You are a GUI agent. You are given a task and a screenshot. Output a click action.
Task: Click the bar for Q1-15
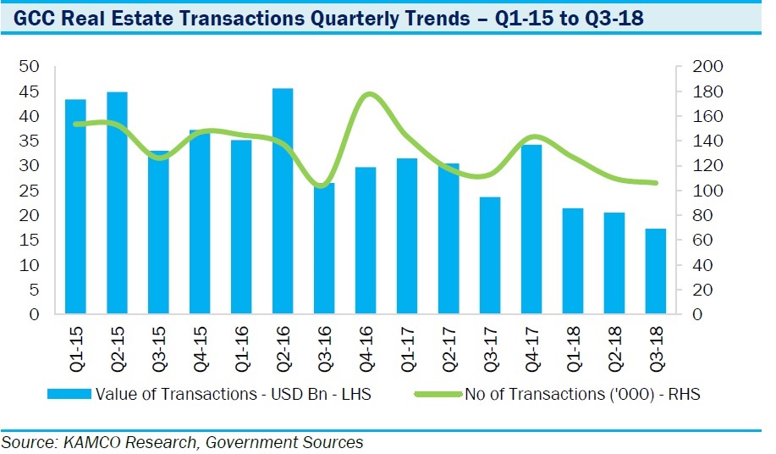coord(76,207)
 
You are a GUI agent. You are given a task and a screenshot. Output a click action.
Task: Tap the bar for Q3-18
coord(656,271)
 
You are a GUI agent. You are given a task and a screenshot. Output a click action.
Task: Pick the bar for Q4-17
coord(531,230)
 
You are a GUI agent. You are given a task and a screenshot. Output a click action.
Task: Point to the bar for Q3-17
coord(490,255)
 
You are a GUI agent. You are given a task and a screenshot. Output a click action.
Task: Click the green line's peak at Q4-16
coord(366,94)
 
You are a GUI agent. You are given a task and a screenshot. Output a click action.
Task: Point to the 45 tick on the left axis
coord(30,91)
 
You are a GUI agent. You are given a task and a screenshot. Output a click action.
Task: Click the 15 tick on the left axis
coord(30,241)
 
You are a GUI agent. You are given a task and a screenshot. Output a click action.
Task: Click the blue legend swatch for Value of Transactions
coord(69,394)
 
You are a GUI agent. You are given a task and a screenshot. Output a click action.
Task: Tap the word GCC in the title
coord(35,18)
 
